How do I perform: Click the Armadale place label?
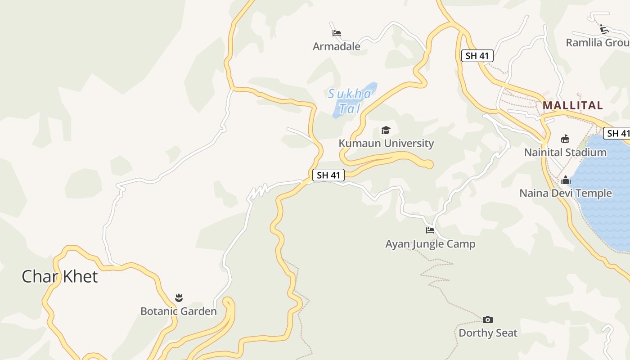(337, 46)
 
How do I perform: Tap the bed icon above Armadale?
(337, 33)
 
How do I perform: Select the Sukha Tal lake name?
(350, 101)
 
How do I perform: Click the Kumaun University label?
(386, 144)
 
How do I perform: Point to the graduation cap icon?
(386, 130)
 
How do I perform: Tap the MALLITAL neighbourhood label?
(572, 105)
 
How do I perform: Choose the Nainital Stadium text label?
(565, 153)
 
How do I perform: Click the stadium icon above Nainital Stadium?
(565, 139)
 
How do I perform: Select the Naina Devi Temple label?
(566, 193)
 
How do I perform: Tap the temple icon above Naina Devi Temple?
(566, 180)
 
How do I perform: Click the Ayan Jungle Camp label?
(430, 244)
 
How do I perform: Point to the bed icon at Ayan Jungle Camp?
(430, 231)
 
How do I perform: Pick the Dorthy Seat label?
(488, 333)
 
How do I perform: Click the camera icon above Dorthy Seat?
(488, 320)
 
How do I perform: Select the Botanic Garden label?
(179, 311)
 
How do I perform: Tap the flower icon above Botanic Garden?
(179, 298)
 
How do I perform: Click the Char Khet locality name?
(59, 276)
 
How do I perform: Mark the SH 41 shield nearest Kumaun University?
(328, 175)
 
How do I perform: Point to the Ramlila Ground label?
(598, 43)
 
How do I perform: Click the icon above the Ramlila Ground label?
(604, 30)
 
